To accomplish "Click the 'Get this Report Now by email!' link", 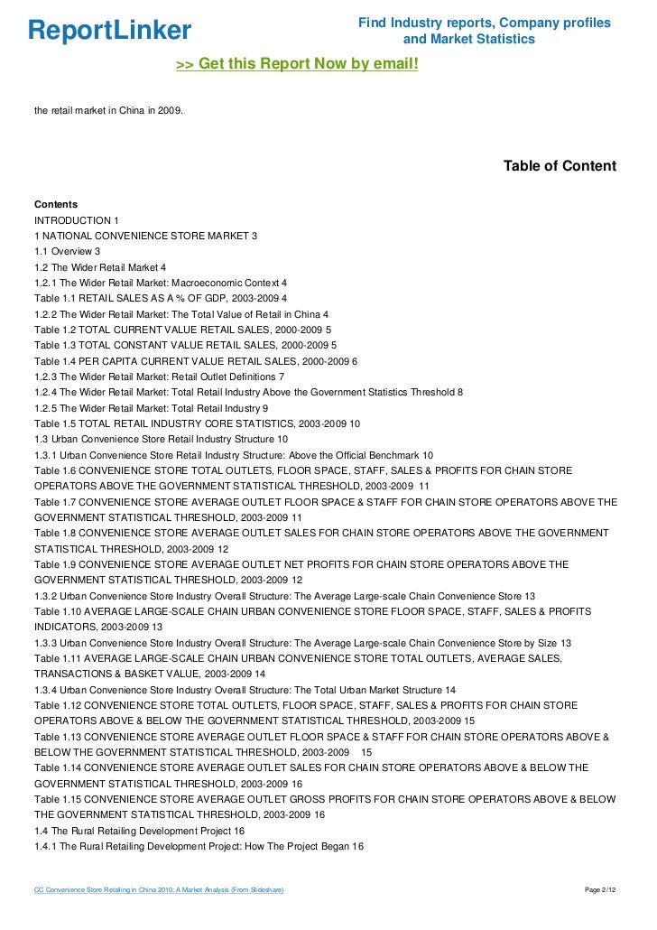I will [297, 64].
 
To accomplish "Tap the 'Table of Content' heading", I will [560, 166].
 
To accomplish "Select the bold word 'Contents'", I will [56, 205].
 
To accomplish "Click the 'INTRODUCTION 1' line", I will [77, 220].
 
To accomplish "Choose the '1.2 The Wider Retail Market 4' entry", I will [100, 267].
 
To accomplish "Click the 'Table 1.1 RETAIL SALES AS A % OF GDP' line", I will [161, 298].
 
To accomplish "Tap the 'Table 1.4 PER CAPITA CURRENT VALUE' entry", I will [196, 360].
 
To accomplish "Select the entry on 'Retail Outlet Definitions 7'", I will [159, 376].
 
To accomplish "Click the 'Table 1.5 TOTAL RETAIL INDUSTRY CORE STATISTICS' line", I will [197, 423].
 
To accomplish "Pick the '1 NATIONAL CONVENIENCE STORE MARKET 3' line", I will [145, 236].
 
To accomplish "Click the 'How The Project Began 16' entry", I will [199, 846].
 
